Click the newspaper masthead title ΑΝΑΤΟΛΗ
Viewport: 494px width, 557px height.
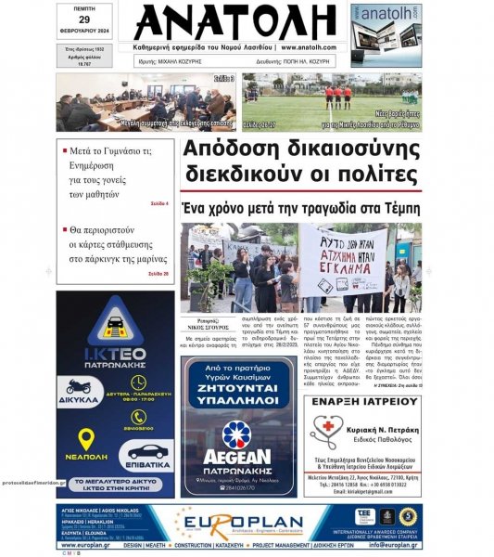pos(233,22)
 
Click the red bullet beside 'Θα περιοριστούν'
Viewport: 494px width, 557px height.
pos(64,229)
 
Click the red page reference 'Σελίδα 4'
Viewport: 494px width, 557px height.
pos(158,201)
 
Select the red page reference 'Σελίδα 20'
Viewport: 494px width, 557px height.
pos(158,273)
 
